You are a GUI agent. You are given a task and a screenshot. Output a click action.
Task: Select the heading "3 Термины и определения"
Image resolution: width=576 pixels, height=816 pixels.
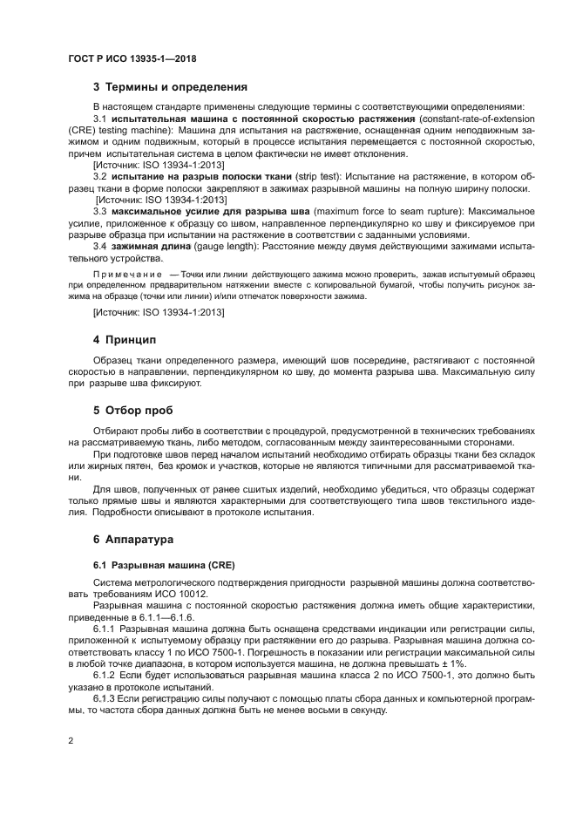170,87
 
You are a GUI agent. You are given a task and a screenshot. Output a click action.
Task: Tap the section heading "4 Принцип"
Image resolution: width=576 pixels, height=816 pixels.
124,338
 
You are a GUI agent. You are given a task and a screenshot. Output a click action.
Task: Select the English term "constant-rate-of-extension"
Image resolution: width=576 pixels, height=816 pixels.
478,119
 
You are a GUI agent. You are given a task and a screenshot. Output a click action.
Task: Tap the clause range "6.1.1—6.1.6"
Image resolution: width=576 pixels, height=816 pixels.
175,615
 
